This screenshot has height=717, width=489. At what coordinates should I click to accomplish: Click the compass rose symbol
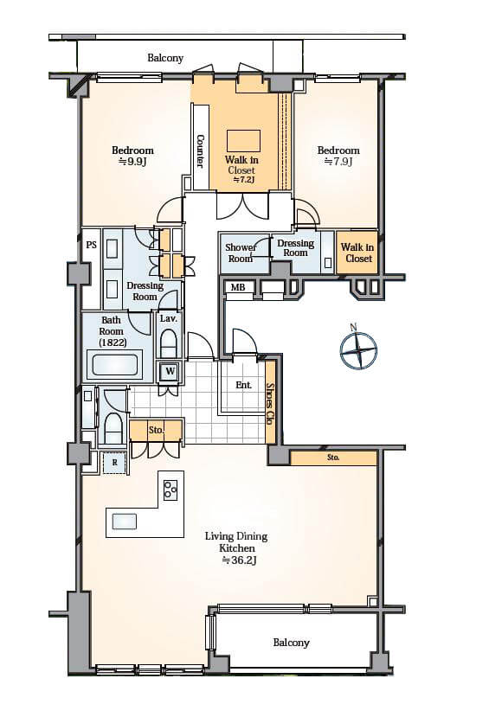(358, 350)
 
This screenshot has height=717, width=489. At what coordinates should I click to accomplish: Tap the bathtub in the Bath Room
(115, 364)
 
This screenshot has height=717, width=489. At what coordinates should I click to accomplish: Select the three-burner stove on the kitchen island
(171, 490)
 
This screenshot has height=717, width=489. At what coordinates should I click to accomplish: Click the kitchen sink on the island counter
(125, 522)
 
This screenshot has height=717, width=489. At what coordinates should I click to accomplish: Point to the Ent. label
(243, 385)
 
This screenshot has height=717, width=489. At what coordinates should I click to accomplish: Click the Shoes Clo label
(270, 403)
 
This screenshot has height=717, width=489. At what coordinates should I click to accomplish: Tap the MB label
(238, 287)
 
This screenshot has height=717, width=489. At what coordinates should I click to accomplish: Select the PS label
(92, 245)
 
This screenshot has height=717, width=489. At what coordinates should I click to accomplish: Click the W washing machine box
(171, 371)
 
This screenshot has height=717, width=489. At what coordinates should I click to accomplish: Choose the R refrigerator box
(115, 463)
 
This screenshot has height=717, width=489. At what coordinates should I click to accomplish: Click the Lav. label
(168, 318)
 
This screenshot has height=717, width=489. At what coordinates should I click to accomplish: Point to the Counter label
(200, 150)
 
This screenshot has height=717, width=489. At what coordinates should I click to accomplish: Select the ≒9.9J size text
(132, 162)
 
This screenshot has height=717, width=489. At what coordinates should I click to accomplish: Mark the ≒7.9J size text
(338, 162)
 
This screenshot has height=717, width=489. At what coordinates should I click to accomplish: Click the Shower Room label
(241, 253)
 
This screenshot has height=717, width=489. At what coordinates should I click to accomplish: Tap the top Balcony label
(165, 58)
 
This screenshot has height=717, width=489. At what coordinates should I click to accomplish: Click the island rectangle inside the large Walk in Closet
(243, 140)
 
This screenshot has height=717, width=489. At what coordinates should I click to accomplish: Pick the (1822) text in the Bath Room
(113, 342)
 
